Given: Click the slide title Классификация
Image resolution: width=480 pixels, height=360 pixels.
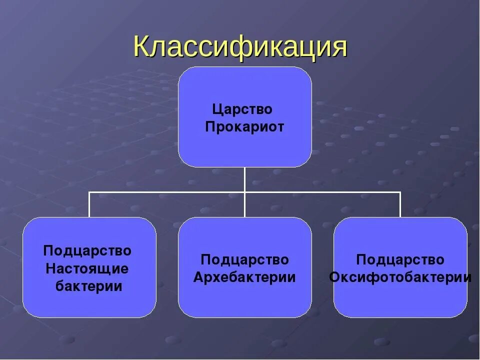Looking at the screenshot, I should [240, 47].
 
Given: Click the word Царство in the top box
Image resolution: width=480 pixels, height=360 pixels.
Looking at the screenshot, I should [242, 109].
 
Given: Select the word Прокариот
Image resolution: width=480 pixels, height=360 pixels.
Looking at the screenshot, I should [244, 127].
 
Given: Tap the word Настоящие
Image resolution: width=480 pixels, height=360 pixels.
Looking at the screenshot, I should [87, 268].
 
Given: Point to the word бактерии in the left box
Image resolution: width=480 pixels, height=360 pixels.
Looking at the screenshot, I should [89, 286].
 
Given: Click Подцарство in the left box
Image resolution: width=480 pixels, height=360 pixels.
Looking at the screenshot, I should [87, 250].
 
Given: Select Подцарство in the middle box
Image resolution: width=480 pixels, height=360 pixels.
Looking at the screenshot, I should [244, 260].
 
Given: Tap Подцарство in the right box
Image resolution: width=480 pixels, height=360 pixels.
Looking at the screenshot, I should [400, 260].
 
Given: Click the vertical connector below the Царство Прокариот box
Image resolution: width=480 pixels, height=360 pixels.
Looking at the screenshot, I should [244, 179].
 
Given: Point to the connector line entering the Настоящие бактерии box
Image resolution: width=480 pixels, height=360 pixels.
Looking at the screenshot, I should [89, 205].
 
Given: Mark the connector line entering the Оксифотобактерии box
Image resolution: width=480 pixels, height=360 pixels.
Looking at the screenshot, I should [400, 205].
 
